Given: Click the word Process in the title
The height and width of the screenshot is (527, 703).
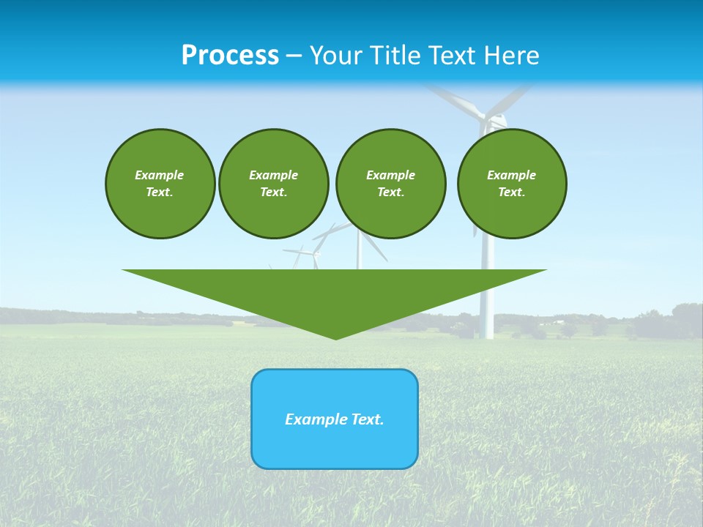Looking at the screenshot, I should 230,56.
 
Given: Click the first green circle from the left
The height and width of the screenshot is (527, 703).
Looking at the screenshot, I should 160,183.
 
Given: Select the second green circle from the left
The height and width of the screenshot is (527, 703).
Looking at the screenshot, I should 273,183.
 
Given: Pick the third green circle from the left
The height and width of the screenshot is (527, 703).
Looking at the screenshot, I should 390,183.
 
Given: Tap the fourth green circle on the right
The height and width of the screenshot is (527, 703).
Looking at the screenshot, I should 512,183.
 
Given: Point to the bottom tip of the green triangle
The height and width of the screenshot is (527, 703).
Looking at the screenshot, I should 335,337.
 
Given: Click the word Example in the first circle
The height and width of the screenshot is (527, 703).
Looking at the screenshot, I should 160,175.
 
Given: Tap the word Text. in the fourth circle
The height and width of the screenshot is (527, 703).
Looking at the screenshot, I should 512,192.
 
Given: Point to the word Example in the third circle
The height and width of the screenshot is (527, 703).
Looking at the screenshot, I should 390,175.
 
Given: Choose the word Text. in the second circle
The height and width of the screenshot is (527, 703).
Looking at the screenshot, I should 273,192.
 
